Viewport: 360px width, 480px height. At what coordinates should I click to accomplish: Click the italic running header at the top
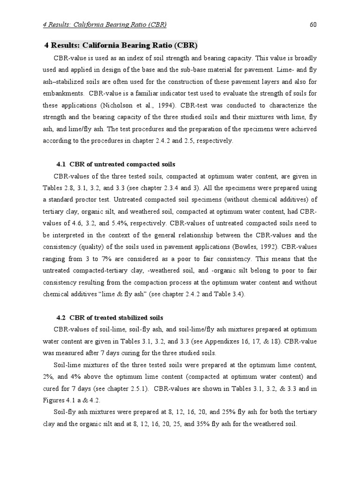pyautogui.click(x=104, y=24)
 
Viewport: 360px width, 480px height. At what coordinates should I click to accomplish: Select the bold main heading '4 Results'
pyautogui.click(x=121, y=45)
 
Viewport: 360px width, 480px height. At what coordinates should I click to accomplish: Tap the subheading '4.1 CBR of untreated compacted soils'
pyautogui.click(x=116, y=164)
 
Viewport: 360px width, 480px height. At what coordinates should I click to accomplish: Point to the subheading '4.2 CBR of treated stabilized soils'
pyautogui.click(x=110, y=317)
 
